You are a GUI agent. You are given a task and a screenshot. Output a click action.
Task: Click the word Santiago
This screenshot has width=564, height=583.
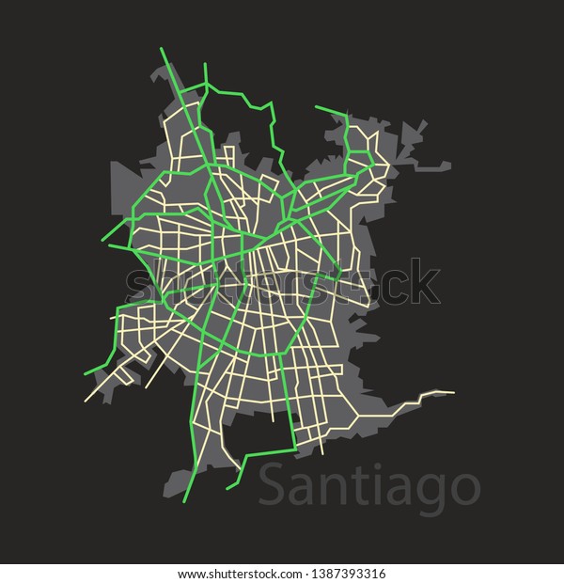click(x=368, y=487)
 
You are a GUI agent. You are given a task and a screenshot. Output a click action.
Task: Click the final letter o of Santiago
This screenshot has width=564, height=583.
click(x=463, y=489)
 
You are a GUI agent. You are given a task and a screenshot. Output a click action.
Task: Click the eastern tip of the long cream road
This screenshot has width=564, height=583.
click(x=454, y=392)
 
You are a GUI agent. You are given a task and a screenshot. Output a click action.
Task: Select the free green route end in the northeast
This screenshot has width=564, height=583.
click(x=317, y=108)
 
